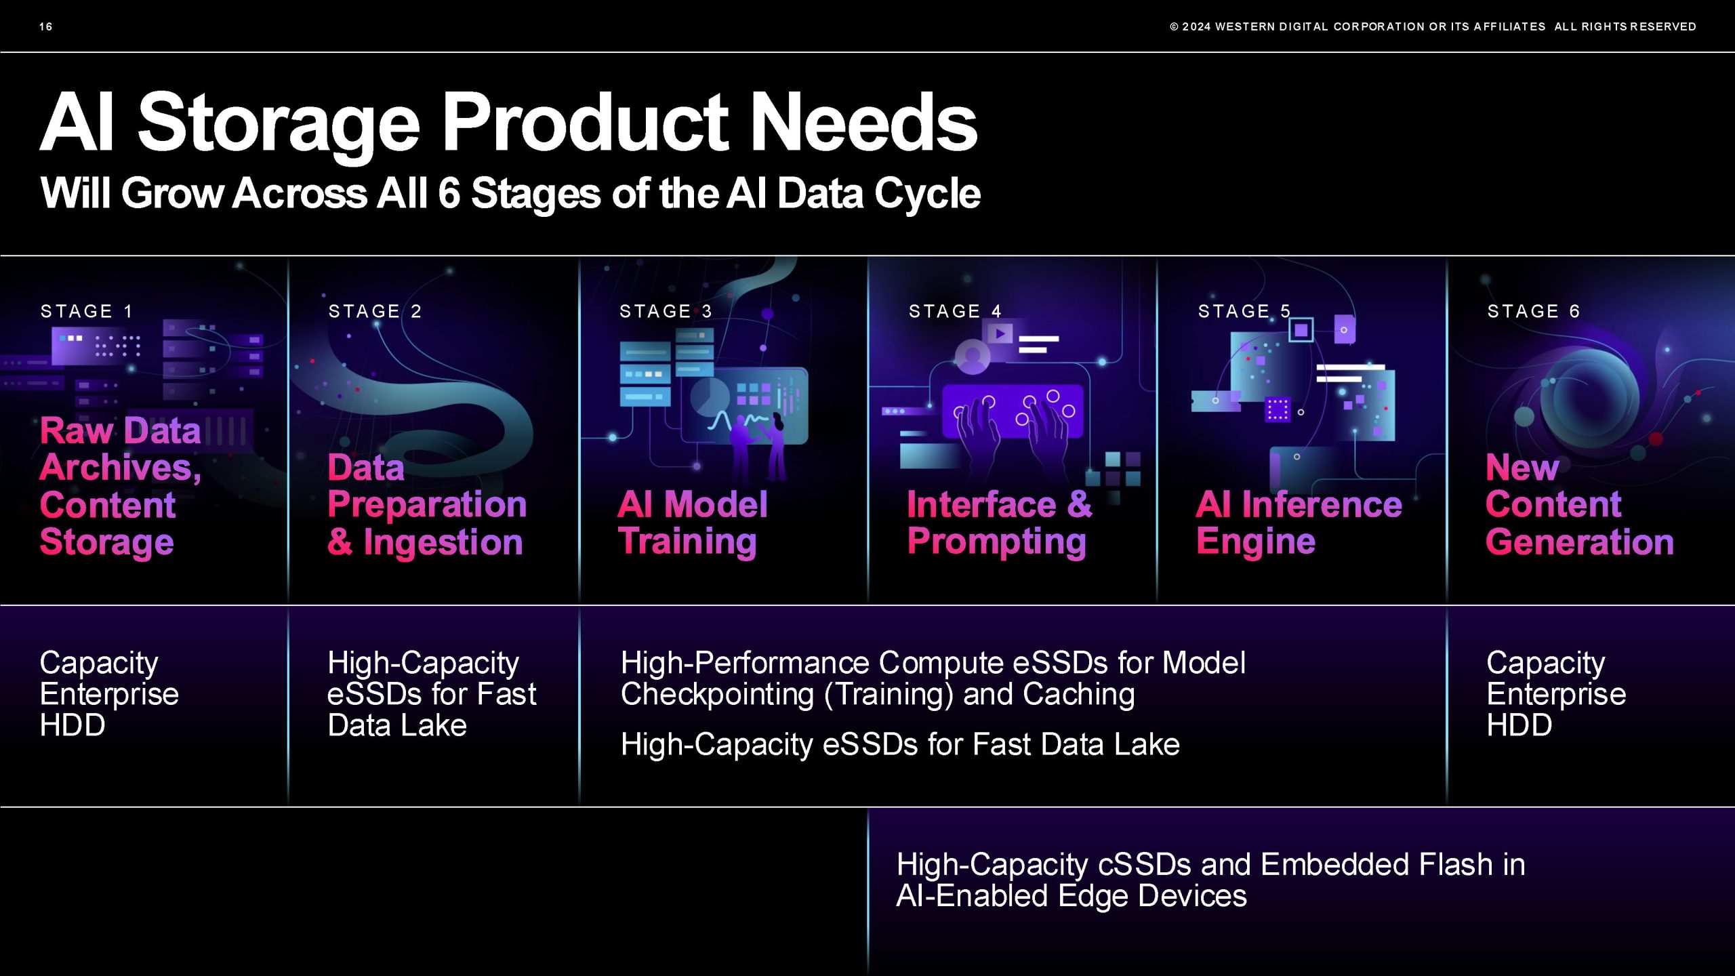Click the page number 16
pos(45,26)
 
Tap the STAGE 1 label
pos(87,311)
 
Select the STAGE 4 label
pos(955,311)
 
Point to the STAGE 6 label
pos(1534,311)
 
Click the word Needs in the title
pos(864,123)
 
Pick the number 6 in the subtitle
pos(449,193)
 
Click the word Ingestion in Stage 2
pos(443,542)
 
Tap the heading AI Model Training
pos(693,523)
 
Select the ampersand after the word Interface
pos(1080,504)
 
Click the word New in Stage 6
pos(1522,467)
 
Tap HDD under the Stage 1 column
pos(73,725)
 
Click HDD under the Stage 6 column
pos(1519,725)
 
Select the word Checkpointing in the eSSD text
pos(717,695)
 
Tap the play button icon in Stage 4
pos(1000,333)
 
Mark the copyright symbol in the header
pos(1174,26)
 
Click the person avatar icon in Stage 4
pos(973,357)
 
